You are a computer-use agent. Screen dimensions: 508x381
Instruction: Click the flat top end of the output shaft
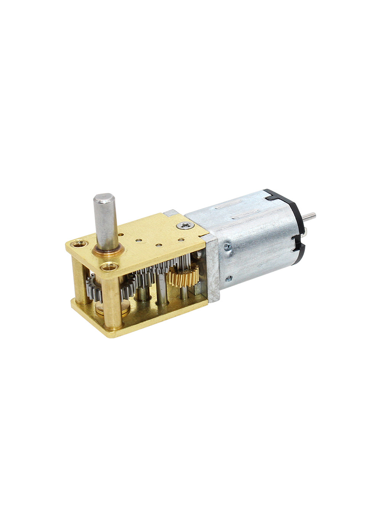[104, 198]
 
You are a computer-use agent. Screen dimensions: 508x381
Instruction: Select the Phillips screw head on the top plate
[185, 226]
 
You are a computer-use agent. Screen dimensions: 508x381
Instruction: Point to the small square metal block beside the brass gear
[197, 289]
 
